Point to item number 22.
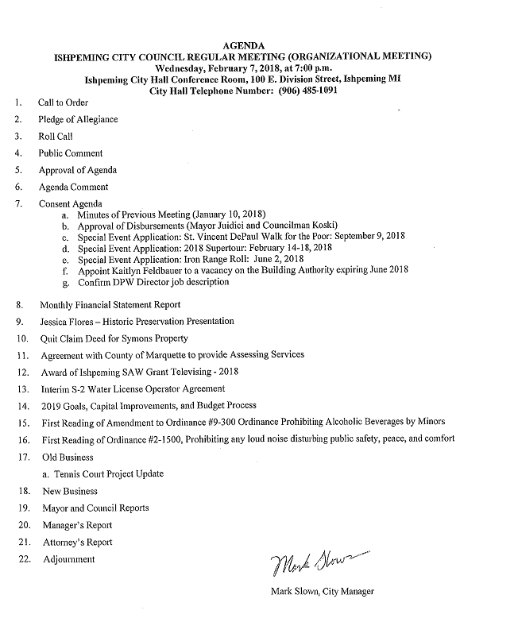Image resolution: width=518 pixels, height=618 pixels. pos(24,559)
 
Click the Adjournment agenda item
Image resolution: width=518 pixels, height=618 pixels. pos(68,559)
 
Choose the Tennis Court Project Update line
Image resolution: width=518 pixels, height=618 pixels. pos(103,474)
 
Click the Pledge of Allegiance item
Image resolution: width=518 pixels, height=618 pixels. pos(78,119)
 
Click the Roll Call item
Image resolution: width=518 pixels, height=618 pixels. pos(56,137)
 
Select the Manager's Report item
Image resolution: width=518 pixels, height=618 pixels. pos(77,525)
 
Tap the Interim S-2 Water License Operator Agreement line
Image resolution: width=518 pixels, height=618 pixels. pos(132,389)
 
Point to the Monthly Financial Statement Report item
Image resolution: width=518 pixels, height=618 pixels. pos(109,304)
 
